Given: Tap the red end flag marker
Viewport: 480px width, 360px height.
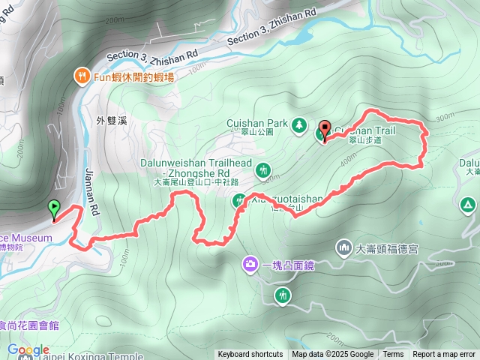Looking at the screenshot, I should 325,131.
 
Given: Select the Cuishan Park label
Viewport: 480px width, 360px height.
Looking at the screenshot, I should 256,122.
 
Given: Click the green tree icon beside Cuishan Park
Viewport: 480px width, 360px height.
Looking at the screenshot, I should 299,123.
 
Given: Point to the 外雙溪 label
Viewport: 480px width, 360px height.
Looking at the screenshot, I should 113,119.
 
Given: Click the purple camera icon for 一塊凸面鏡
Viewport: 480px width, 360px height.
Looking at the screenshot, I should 249,264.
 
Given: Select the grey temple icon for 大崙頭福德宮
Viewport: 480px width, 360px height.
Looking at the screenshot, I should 344,246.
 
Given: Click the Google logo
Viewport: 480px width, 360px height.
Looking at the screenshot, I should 28,350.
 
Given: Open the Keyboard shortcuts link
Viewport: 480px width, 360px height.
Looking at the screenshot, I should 250,355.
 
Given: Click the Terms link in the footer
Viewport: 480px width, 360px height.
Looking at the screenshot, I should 393,355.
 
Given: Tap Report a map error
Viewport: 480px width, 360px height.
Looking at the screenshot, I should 444,355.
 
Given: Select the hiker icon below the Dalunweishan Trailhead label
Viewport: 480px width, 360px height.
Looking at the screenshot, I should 262,170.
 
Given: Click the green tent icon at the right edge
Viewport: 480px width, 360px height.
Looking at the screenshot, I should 468,204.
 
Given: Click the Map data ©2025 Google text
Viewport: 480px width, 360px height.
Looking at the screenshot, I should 332,355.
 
